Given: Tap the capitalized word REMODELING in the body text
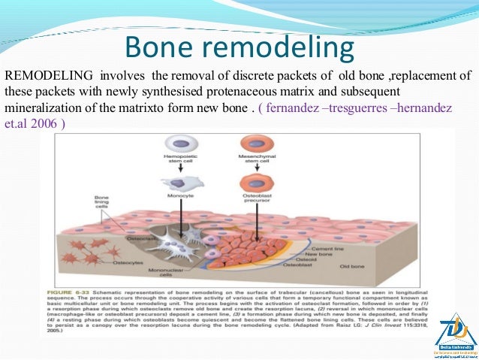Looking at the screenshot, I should click(x=50, y=75).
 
